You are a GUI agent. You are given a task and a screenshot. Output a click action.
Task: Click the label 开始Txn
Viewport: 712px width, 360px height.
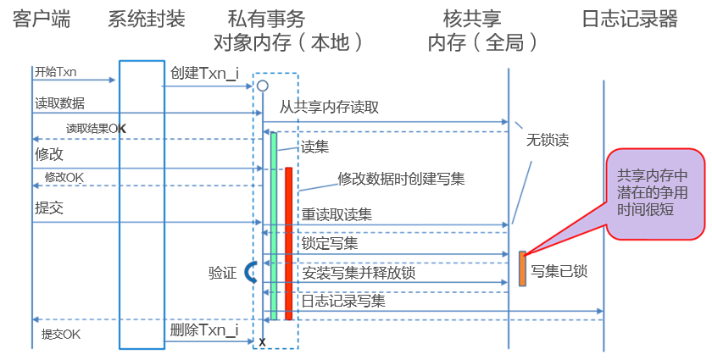coord(55,73)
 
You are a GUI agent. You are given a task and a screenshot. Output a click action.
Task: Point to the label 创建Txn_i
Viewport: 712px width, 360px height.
coord(204,74)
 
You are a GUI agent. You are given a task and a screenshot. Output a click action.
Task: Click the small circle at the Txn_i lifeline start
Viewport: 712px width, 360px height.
coord(263,86)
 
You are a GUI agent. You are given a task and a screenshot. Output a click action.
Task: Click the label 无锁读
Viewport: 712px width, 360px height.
coord(547,140)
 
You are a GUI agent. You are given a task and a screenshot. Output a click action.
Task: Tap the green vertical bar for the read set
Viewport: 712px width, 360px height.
coord(274,225)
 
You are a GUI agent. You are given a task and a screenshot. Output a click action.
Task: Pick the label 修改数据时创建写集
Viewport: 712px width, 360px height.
coord(401,179)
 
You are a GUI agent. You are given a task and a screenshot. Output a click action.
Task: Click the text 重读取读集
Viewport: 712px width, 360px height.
coord(337,214)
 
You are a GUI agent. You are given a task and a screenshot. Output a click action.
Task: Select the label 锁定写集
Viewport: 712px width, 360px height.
coord(329,244)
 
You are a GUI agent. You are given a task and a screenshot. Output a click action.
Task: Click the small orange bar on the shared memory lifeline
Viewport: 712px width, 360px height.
coord(523,268)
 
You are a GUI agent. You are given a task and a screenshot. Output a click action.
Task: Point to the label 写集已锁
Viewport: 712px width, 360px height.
coord(559,272)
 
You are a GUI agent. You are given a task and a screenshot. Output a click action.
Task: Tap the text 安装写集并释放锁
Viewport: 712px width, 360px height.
coord(359,273)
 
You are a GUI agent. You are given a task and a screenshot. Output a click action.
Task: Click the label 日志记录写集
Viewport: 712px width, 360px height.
coord(343,300)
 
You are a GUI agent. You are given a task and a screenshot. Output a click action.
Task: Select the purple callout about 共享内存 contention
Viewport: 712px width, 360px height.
coord(654,193)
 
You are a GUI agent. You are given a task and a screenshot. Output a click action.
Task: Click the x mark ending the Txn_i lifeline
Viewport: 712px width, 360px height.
coord(262,341)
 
